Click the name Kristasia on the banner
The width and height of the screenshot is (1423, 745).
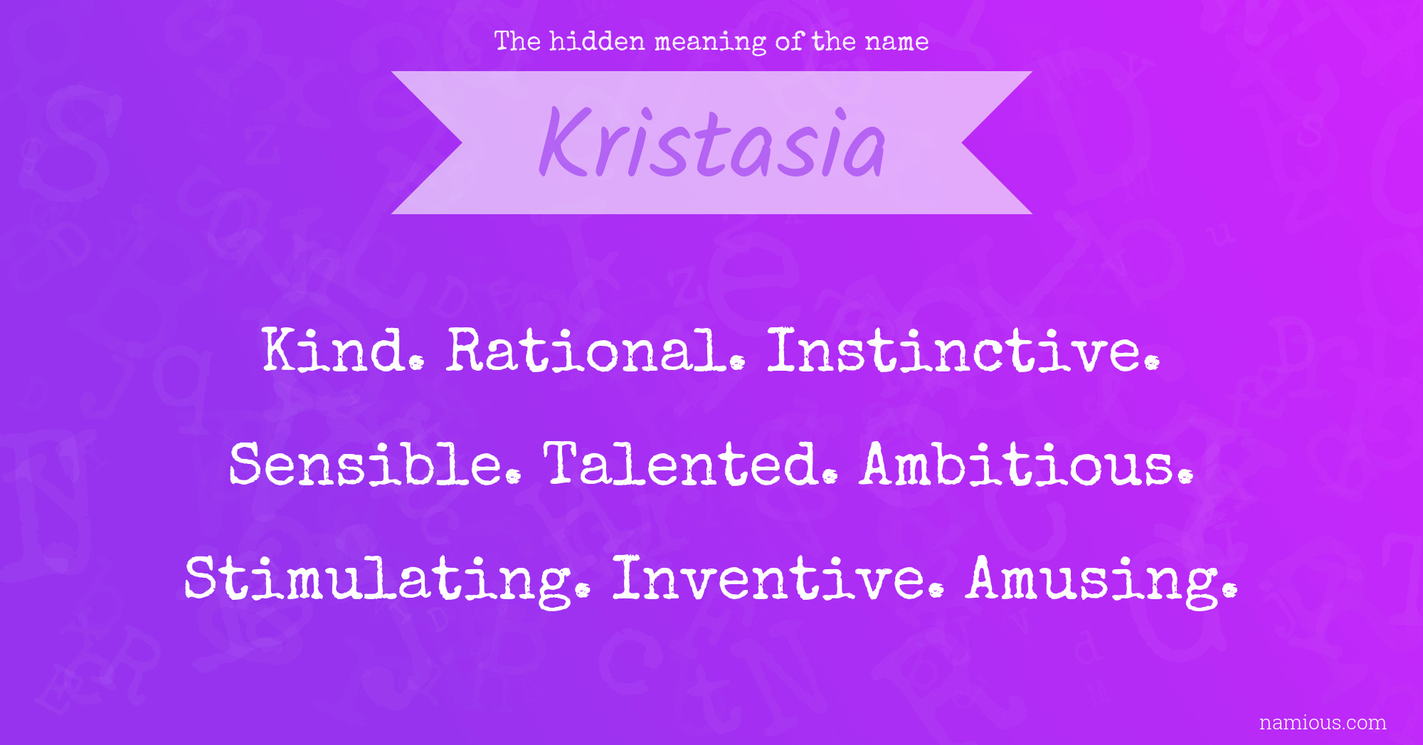[712, 142]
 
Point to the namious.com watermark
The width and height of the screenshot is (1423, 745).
[1323, 723]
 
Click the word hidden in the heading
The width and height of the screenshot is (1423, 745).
[597, 41]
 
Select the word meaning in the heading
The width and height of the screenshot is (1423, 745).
[710, 43]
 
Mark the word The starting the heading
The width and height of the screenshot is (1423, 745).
[517, 41]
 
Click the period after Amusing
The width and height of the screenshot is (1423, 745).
[1229, 591]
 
